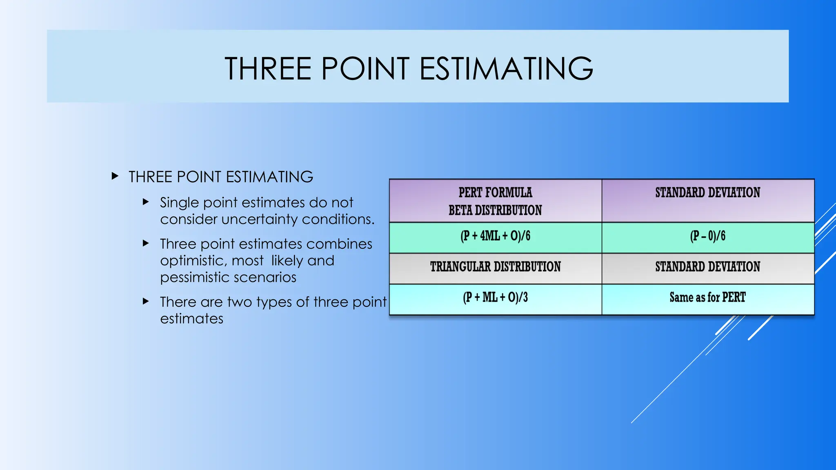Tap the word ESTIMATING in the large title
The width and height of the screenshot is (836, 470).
(x=506, y=69)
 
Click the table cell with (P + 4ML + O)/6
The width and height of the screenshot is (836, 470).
(x=495, y=236)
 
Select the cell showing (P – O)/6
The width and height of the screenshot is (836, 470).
(x=707, y=236)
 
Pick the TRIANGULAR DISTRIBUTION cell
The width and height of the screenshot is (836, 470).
(x=495, y=267)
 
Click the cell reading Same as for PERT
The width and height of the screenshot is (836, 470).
(x=707, y=297)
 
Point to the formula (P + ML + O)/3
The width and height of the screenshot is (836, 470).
(x=495, y=297)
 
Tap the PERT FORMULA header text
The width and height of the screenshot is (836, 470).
(x=495, y=193)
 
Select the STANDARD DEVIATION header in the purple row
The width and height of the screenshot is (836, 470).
(x=707, y=193)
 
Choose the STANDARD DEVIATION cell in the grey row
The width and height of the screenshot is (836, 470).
(x=707, y=267)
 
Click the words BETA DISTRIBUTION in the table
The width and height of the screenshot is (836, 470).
(x=495, y=211)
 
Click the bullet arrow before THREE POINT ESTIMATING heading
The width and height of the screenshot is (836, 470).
(x=115, y=176)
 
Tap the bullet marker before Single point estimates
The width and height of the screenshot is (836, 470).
(x=146, y=202)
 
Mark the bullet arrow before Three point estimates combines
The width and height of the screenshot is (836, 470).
(x=146, y=243)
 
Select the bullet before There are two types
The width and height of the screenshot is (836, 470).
(x=146, y=302)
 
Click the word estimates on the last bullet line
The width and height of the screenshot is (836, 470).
(x=191, y=319)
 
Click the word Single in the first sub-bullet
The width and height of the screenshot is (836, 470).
(x=179, y=203)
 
